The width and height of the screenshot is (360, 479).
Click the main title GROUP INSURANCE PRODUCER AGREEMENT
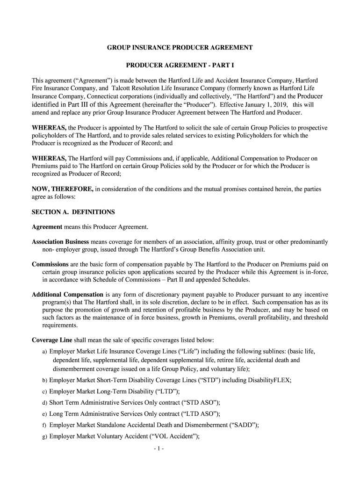click(x=180, y=48)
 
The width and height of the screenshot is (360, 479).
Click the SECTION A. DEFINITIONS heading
click(x=73, y=212)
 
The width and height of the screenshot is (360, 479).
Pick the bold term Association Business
click(x=60, y=242)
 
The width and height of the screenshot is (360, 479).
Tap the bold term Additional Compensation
click(x=67, y=295)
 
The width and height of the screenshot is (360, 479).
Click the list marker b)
click(x=45, y=380)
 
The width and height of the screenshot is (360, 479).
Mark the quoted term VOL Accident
click(x=174, y=436)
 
